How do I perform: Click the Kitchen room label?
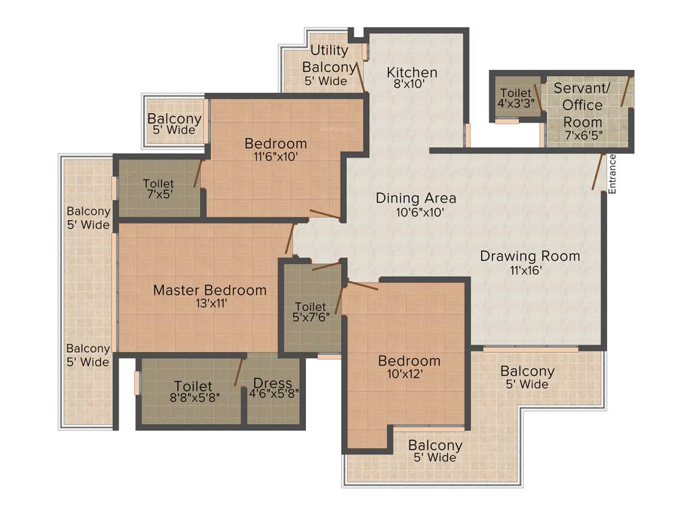tap(412, 72)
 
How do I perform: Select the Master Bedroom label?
tap(210, 290)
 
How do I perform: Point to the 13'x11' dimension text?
tap(210, 304)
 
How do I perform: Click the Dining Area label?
tap(416, 198)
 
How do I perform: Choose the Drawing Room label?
tap(530, 256)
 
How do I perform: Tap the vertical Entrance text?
tap(612, 174)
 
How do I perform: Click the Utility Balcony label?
tap(329, 59)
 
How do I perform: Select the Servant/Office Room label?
tap(582, 105)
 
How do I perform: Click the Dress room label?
tap(273, 383)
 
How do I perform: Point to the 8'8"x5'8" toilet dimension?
tap(193, 397)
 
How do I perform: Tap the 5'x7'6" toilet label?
tap(310, 312)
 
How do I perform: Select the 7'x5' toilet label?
tap(158, 188)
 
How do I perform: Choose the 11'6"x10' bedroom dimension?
tap(275, 156)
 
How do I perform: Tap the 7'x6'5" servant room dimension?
tap(582, 135)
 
